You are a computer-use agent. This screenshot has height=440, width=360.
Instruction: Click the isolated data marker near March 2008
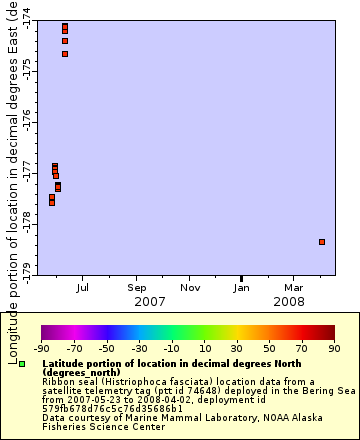pyautogui.click(x=322, y=241)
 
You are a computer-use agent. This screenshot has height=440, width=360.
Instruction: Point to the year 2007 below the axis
pyautogui.click(x=150, y=301)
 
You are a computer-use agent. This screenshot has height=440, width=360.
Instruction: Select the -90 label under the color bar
pyautogui.click(x=42, y=349)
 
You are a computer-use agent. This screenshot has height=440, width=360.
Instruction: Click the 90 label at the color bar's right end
pyautogui.click(x=334, y=349)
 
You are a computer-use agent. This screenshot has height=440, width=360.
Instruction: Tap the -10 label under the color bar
pyautogui.click(x=172, y=349)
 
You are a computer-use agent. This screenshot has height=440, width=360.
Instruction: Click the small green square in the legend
pyautogui.click(x=21, y=364)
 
